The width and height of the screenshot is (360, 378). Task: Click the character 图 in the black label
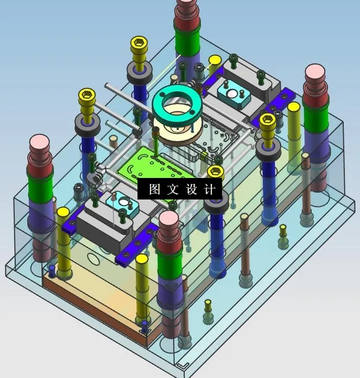[x=154, y=190]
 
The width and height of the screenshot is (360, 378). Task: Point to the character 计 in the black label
[x=209, y=190]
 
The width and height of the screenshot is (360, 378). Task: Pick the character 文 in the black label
[x=173, y=190]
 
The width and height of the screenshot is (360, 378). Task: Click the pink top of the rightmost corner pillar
[x=315, y=72]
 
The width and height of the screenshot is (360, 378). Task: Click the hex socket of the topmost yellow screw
[x=139, y=41]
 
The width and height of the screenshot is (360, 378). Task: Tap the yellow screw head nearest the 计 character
[x=216, y=172]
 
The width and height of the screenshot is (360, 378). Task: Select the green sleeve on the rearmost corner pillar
[x=188, y=41]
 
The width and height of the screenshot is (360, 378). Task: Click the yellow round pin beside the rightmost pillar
[x=294, y=108]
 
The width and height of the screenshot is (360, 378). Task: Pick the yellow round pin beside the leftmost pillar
[x=63, y=213]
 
